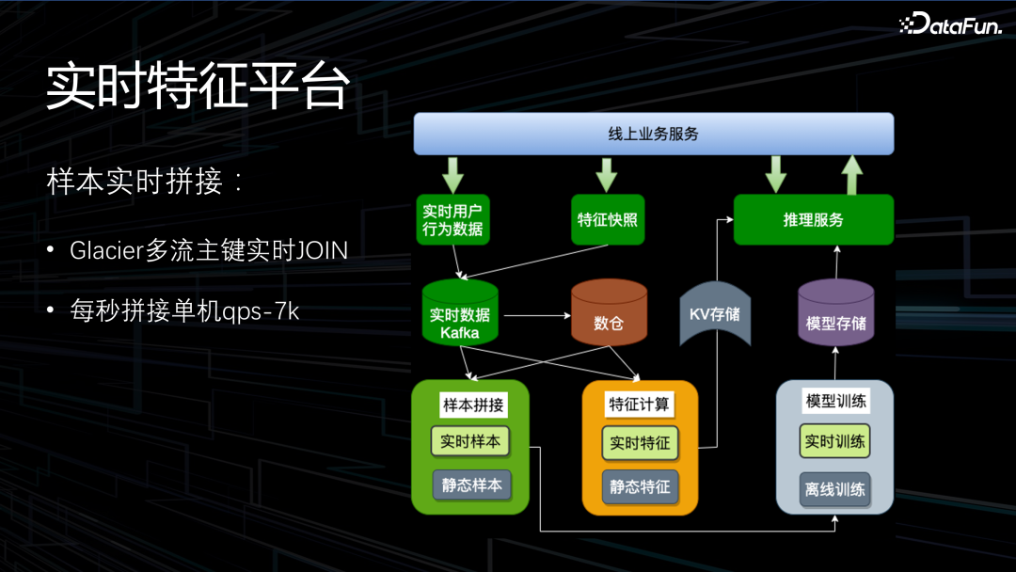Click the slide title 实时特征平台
(x=198, y=87)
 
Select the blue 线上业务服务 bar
(x=653, y=134)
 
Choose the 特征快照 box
(x=607, y=219)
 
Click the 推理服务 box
(x=813, y=219)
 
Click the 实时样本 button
(x=470, y=441)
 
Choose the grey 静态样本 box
(x=471, y=485)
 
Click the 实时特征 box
(x=640, y=442)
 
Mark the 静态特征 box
(x=640, y=486)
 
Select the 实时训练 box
(x=834, y=440)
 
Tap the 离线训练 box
(x=834, y=489)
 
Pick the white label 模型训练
(x=835, y=401)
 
